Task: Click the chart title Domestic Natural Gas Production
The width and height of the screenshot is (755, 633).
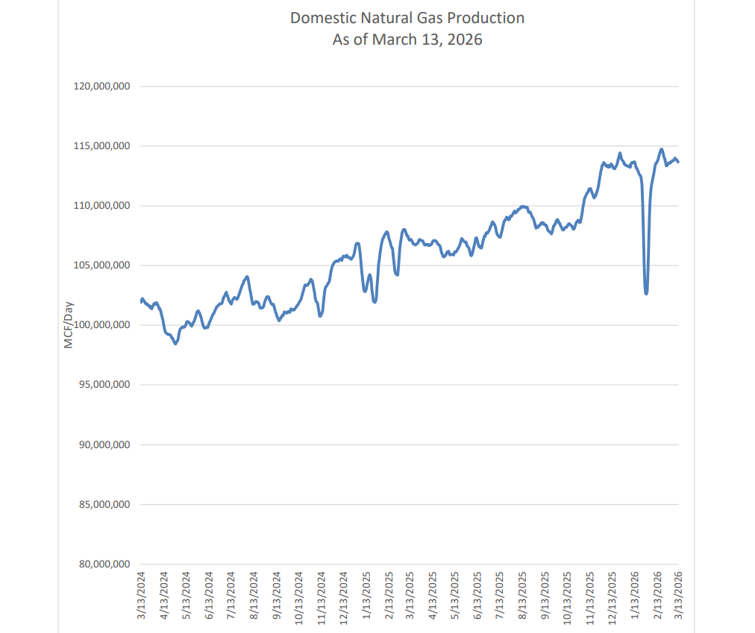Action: pos(407,18)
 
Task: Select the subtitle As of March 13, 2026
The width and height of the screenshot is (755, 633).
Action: pos(407,40)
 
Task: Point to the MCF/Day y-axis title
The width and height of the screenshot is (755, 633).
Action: pos(69,325)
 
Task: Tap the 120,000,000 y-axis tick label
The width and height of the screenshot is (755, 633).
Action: pos(102,86)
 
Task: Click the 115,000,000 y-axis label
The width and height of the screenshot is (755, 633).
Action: pos(102,146)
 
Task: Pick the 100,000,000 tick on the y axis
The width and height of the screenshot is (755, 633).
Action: pos(102,325)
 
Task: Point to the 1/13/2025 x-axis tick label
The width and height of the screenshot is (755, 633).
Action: pos(366,594)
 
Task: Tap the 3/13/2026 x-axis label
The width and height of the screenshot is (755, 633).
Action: pos(680,594)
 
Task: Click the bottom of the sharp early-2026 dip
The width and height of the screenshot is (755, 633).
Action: pos(646,293)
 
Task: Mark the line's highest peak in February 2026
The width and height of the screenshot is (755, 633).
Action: pos(662,149)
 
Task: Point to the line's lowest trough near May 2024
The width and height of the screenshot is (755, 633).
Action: pos(175,344)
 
